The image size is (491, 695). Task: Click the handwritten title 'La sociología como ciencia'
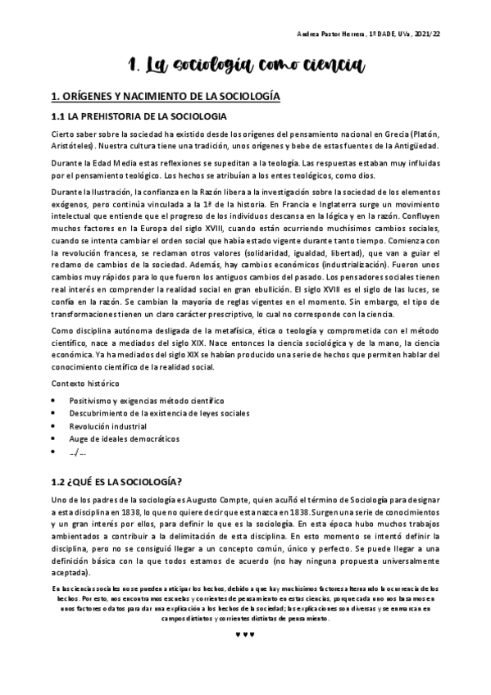(245, 65)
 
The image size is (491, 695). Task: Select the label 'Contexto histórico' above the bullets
(84, 384)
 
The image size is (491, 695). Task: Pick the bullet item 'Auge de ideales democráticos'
(124, 439)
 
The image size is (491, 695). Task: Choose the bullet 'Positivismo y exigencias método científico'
(146, 400)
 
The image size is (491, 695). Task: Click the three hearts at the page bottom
(245, 633)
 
